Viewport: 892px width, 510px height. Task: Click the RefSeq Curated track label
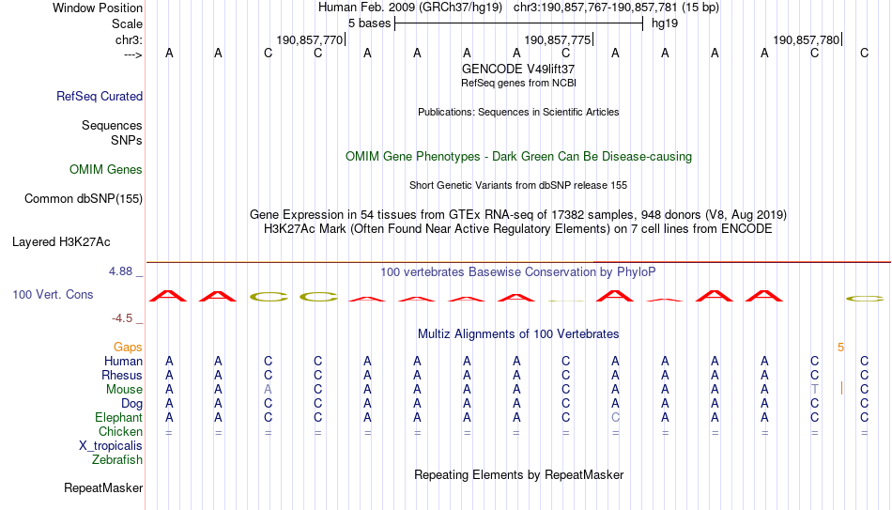(100, 96)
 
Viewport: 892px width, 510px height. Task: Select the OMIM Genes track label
(106, 170)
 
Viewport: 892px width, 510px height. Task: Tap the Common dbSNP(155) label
(84, 199)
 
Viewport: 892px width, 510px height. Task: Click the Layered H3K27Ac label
(61, 242)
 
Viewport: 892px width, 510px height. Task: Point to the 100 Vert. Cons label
(53, 294)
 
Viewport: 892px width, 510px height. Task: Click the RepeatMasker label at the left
(103, 487)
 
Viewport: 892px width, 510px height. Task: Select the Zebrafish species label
(117, 459)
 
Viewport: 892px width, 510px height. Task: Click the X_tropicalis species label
(111, 446)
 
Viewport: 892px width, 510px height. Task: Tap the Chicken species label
(120, 431)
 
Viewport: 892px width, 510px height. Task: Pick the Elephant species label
(118, 417)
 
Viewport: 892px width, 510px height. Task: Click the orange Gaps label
(128, 348)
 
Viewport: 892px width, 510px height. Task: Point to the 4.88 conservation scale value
(120, 270)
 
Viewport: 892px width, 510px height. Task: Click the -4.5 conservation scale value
(122, 318)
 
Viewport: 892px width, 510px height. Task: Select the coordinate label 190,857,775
(558, 39)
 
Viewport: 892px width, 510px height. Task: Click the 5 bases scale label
(370, 23)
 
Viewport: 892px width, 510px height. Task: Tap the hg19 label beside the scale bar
(665, 23)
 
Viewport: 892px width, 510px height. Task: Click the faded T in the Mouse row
(815, 390)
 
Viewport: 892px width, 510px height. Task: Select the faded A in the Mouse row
(268, 390)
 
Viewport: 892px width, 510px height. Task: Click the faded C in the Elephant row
(615, 417)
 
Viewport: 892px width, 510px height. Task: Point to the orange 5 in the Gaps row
(840, 348)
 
